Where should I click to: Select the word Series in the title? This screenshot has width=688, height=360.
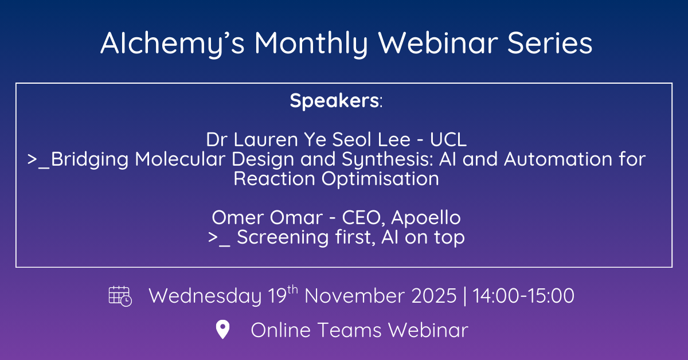(x=549, y=44)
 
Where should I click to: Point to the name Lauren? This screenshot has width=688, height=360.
(x=265, y=140)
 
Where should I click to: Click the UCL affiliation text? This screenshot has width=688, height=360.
(x=448, y=140)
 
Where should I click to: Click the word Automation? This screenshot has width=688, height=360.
(x=558, y=159)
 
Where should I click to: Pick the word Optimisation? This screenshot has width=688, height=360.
(x=380, y=179)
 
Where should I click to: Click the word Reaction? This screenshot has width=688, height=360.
(x=274, y=179)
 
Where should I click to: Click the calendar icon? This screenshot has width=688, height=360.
(x=120, y=296)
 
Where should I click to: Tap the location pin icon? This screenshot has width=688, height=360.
(x=222, y=329)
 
